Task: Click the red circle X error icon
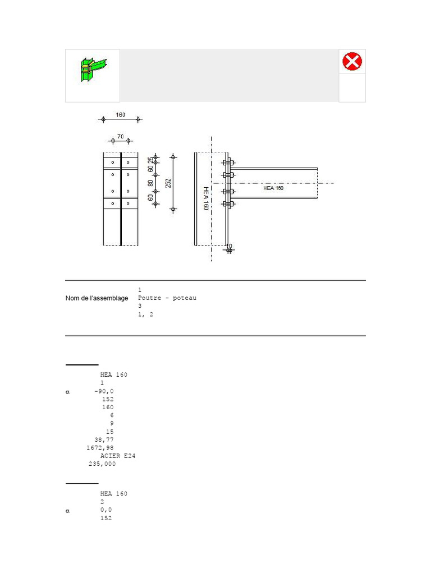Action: pos(352,61)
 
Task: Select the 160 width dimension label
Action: pos(121,115)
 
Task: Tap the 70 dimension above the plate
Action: pos(120,136)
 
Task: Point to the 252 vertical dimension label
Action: pos(168,183)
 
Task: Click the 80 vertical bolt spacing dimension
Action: pos(150,183)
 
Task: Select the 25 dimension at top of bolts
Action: pos(150,161)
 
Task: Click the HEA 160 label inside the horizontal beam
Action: pos(273,188)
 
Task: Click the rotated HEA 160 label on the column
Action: pos(205,198)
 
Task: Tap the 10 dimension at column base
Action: pos(228,246)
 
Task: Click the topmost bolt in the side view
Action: pos(228,164)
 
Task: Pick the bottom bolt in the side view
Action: pos(228,203)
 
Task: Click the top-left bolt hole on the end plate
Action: pos(113,163)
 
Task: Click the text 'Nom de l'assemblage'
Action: pos(97,298)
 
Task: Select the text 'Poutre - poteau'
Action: pos(167,298)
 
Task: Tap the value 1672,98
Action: pos(100,448)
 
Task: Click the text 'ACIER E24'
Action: pos(118,456)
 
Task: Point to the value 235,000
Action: pos(102,464)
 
